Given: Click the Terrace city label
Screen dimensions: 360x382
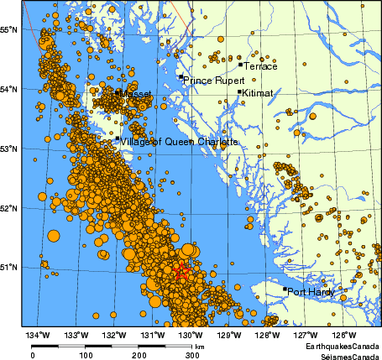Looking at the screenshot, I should [x=259, y=66].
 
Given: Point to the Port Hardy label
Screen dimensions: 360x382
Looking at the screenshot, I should [x=310, y=292].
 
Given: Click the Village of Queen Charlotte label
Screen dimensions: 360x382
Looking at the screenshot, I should [x=179, y=142].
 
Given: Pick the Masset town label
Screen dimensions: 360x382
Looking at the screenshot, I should [x=136, y=94].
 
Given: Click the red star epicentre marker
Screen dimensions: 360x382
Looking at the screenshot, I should [x=181, y=270].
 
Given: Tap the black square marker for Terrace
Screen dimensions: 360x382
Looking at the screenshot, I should [x=240, y=64].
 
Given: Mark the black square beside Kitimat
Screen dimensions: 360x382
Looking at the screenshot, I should [x=239, y=92].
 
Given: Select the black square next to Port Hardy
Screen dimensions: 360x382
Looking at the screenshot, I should [x=285, y=290].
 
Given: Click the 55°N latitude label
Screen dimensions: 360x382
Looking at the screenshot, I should [x=9, y=29].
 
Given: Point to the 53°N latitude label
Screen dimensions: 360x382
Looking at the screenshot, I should [x=9, y=149].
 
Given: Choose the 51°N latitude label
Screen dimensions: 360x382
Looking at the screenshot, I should [x=9, y=268].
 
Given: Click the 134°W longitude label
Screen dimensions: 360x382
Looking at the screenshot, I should [x=38, y=336].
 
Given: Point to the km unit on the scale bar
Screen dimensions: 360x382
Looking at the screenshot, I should [x=199, y=345].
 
